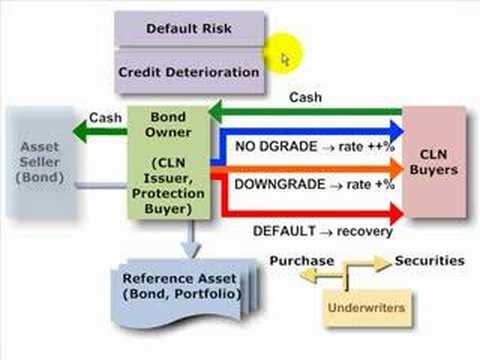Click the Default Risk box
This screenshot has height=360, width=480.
click(x=189, y=28)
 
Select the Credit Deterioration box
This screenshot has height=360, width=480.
click(x=189, y=72)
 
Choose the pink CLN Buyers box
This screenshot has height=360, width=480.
click(x=434, y=161)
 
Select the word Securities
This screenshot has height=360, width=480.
click(x=429, y=260)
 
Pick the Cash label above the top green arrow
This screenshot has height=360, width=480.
click(x=304, y=97)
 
